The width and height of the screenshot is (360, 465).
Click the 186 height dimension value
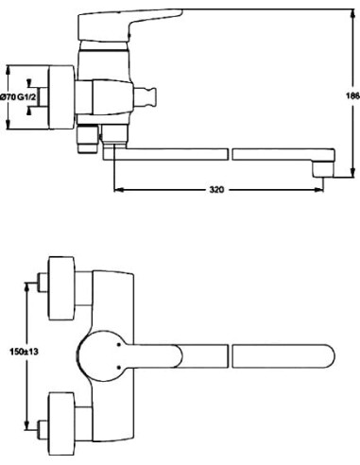tap(351, 96)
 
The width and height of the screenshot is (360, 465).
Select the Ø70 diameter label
tap(10, 97)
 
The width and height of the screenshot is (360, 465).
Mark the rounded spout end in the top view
tap(321, 357)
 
